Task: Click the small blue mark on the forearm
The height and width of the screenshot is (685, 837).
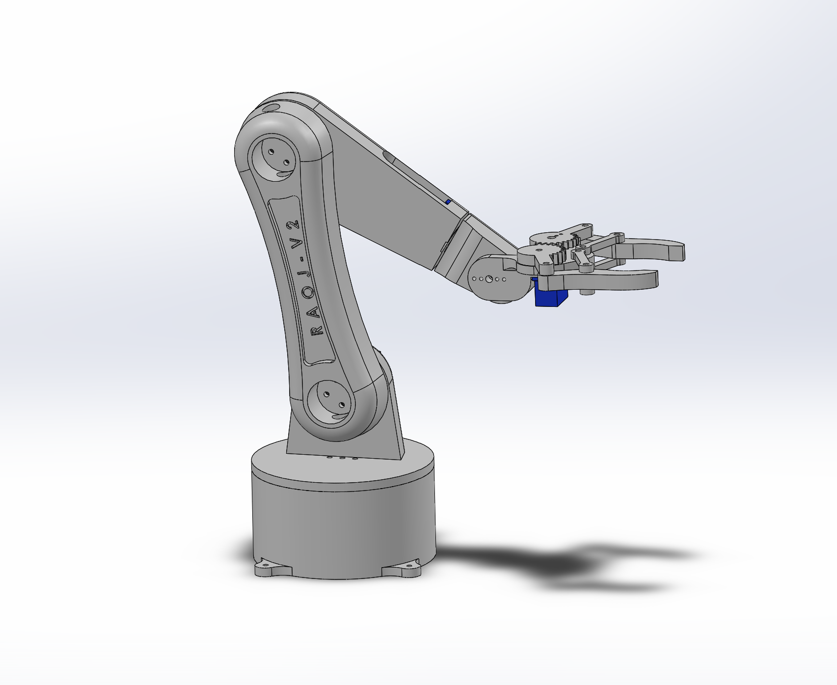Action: pyautogui.click(x=448, y=201)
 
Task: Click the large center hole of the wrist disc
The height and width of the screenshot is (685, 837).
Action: pyautogui.click(x=489, y=279)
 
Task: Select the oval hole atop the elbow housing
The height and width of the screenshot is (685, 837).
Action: pyautogui.click(x=270, y=107)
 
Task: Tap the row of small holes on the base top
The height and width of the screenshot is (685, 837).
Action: pyautogui.click(x=342, y=459)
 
